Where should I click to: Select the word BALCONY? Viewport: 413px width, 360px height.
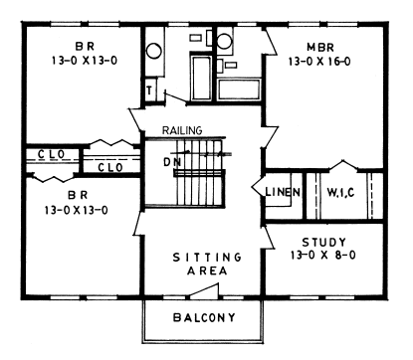point(202,318)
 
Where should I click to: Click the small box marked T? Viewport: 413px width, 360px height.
point(150,89)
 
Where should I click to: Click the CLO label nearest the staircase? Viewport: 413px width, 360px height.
point(109,167)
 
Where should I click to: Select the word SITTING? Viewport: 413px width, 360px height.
point(202,256)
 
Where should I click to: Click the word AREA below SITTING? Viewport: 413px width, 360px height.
point(202,270)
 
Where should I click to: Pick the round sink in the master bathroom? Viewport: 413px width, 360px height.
point(226,42)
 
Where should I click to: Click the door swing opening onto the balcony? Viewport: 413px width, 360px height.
point(203,289)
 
